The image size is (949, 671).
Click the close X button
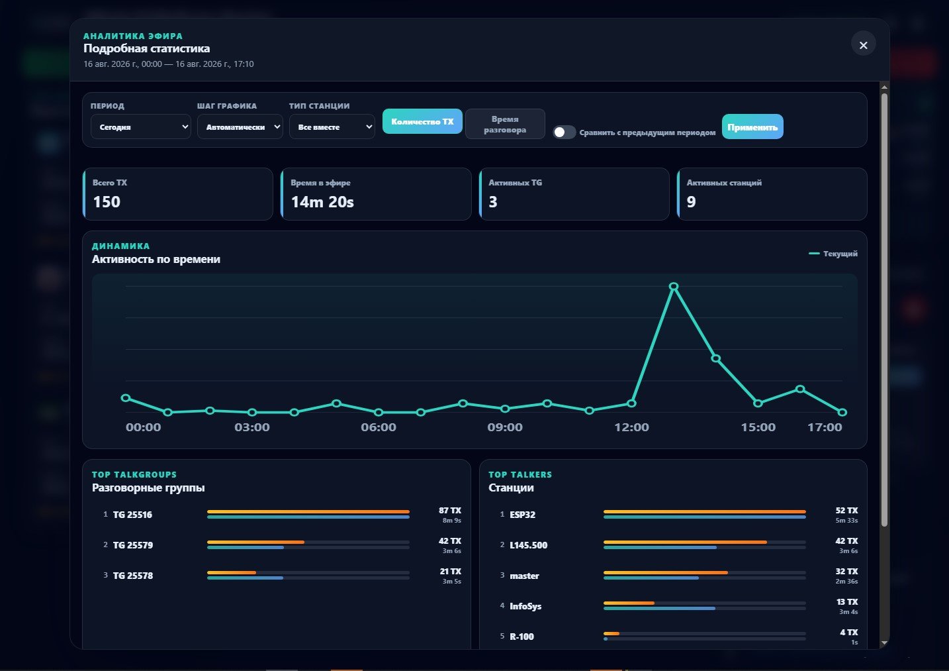click(x=863, y=45)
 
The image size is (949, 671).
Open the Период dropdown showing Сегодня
click(x=141, y=127)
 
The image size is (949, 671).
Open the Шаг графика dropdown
click(x=240, y=127)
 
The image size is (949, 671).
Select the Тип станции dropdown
click(x=332, y=127)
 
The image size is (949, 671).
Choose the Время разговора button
click(x=505, y=125)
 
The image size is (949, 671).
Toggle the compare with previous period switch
click(x=564, y=132)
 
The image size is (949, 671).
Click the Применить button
click(x=752, y=127)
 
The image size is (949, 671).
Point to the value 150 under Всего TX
click(x=107, y=202)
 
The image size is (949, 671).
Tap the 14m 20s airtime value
click(x=322, y=202)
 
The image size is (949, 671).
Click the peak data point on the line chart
click(x=674, y=287)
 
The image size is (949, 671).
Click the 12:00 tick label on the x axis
click(x=631, y=427)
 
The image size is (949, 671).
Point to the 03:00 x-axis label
click(x=252, y=427)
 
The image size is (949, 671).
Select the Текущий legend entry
click(x=833, y=254)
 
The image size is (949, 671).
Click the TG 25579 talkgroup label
click(x=132, y=545)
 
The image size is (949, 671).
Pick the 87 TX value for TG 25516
click(x=450, y=510)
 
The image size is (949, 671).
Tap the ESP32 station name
click(x=522, y=515)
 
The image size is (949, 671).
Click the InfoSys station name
click(x=525, y=606)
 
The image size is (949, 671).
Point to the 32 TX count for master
click(x=846, y=572)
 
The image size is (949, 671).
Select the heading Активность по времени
click(x=156, y=259)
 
